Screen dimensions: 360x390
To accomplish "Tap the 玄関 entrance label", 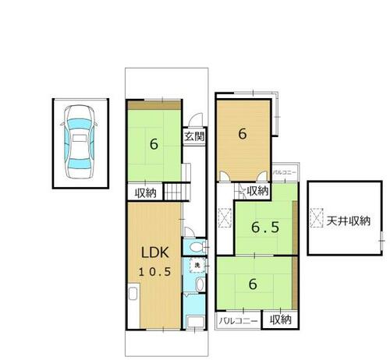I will pyautogui.click(x=194, y=136).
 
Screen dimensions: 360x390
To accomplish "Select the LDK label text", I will pyautogui.click(x=154, y=253).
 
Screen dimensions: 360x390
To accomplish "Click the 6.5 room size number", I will pyautogui.click(x=265, y=228).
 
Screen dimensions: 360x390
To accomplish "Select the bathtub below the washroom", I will pyautogui.click(x=195, y=322).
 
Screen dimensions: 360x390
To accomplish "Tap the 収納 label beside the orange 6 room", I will pyautogui.click(x=257, y=190).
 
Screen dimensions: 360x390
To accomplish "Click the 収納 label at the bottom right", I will pyautogui.click(x=279, y=319).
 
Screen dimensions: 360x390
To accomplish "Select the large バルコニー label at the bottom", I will pyautogui.click(x=238, y=320).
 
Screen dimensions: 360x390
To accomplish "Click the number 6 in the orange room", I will pyautogui.click(x=243, y=133).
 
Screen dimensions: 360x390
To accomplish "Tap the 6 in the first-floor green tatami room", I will pyautogui.click(x=154, y=144).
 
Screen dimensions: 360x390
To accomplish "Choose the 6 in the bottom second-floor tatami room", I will pyautogui.click(x=252, y=284).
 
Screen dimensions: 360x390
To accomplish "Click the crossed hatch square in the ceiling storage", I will pyautogui.click(x=317, y=218).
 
